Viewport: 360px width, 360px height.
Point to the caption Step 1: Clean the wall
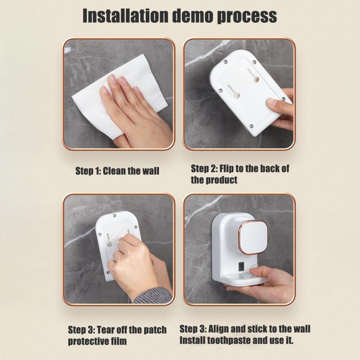click(x=117, y=171)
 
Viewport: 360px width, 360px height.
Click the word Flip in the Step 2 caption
click(x=226, y=169)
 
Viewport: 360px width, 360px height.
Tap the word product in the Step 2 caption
click(x=221, y=180)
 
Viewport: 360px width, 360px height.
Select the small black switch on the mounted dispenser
click(x=241, y=266)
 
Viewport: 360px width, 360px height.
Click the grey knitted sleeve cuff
click(x=153, y=295)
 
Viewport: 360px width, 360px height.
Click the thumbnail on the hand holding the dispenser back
click(x=272, y=102)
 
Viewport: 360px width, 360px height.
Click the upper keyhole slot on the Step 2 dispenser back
click(x=253, y=76)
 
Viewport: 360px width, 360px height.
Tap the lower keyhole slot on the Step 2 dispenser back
click(x=234, y=92)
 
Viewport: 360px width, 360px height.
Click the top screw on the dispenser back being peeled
click(x=114, y=215)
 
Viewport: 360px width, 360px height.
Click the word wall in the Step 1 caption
click(x=151, y=171)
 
